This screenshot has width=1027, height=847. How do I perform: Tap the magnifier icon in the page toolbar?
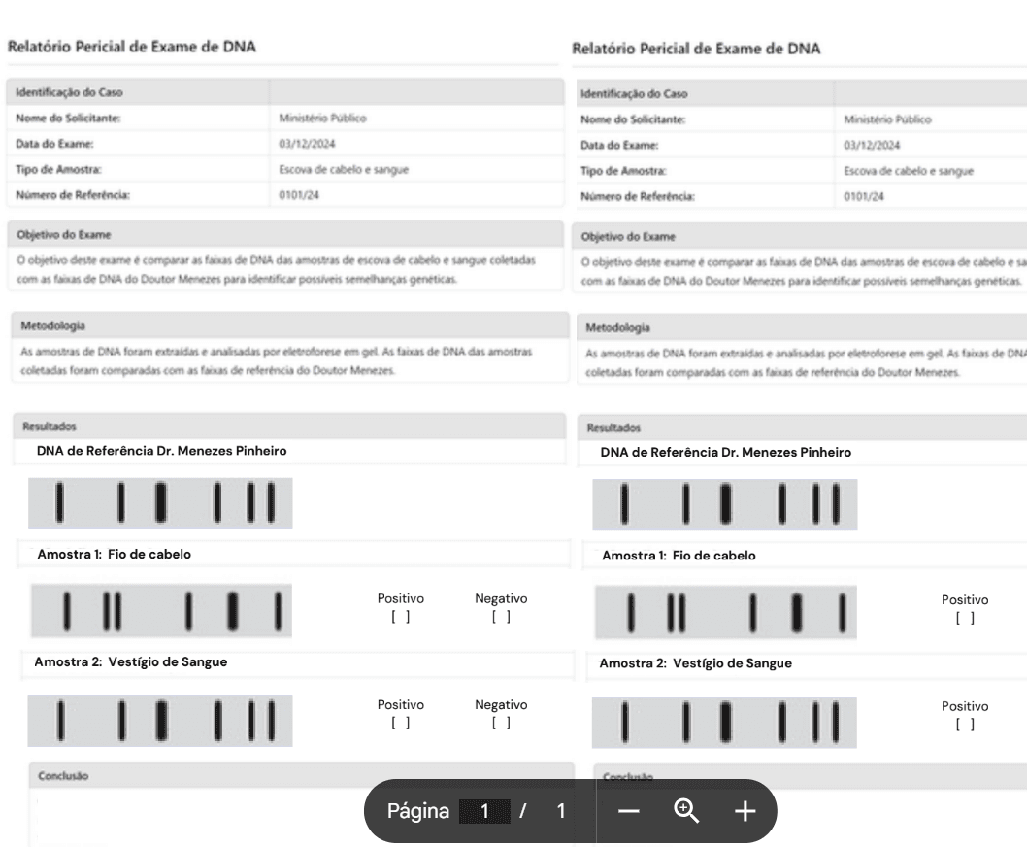coord(685,811)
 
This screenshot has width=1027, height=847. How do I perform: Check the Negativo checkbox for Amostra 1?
coord(501,616)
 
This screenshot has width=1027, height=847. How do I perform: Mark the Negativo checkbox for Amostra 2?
coord(501,722)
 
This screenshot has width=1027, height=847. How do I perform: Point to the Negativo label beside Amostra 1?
coord(501,599)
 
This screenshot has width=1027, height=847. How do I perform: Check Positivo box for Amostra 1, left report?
coord(401,616)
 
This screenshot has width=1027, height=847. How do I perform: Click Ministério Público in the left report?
coord(322,119)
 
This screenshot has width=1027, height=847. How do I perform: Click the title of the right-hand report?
coord(696,49)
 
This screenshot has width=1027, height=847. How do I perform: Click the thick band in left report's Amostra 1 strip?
coord(233,608)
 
